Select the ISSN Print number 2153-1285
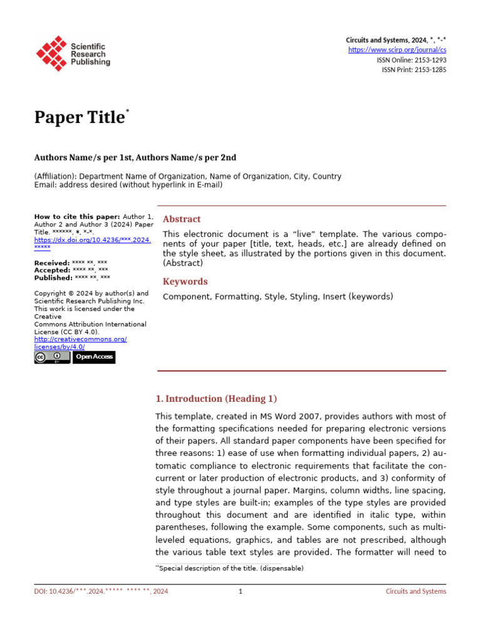point(429,70)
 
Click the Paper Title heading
point(80,118)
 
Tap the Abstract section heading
point(182,219)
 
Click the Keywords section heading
point(185,282)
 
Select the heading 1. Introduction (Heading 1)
point(215,399)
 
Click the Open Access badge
point(94,357)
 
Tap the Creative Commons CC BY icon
point(52,357)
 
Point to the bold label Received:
point(52,263)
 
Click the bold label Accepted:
point(53,270)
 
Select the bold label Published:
point(53,278)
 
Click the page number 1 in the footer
point(240,591)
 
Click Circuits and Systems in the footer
point(415,591)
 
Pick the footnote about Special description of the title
point(230,568)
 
